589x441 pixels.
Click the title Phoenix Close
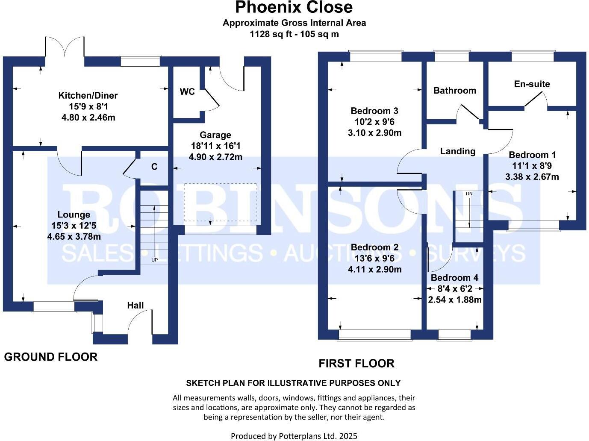[x=294, y=7]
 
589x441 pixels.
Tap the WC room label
[x=187, y=91]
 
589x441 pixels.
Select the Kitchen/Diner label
[x=88, y=95]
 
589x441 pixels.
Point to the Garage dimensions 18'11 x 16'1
[x=215, y=146]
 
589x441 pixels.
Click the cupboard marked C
[x=154, y=167]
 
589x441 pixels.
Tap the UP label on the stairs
[x=154, y=260]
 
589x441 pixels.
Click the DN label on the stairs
[x=469, y=194]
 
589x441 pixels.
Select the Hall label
[x=135, y=305]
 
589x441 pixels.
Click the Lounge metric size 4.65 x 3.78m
[x=74, y=236]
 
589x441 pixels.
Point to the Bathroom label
[x=454, y=91]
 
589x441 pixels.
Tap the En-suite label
[x=532, y=84]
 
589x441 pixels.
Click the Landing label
[x=458, y=151]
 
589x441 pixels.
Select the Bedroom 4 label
[x=454, y=278]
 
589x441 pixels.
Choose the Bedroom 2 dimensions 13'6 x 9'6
[x=374, y=258]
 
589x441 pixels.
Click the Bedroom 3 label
[x=374, y=111]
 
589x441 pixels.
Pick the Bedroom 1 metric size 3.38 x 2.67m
[x=532, y=177]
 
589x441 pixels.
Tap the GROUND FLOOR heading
[x=51, y=357]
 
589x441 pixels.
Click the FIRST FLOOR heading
[x=356, y=364]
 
